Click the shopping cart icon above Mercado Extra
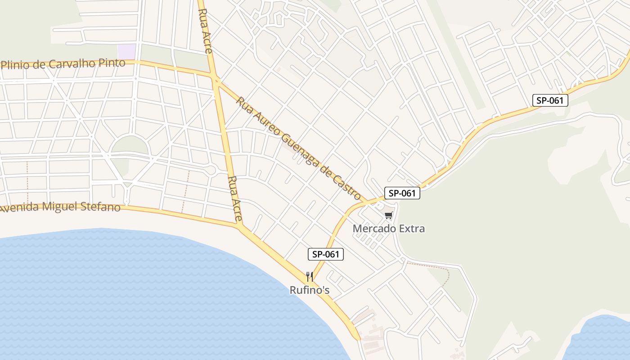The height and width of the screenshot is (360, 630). tap(389, 216)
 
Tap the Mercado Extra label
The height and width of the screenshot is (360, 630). tap(388, 229)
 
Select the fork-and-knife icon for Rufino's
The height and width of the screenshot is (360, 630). tap(309, 276)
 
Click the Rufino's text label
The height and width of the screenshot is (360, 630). tap(309, 290)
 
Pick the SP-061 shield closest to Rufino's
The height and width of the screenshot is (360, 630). tap(325, 254)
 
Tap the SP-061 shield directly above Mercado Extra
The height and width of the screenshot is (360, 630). tap(402, 193)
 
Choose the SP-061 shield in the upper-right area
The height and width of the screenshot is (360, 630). tap(550, 100)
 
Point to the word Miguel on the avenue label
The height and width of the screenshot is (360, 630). tap(57, 207)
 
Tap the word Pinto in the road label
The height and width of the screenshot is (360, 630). tap(113, 63)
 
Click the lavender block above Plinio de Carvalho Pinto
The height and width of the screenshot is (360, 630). tap(126, 51)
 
